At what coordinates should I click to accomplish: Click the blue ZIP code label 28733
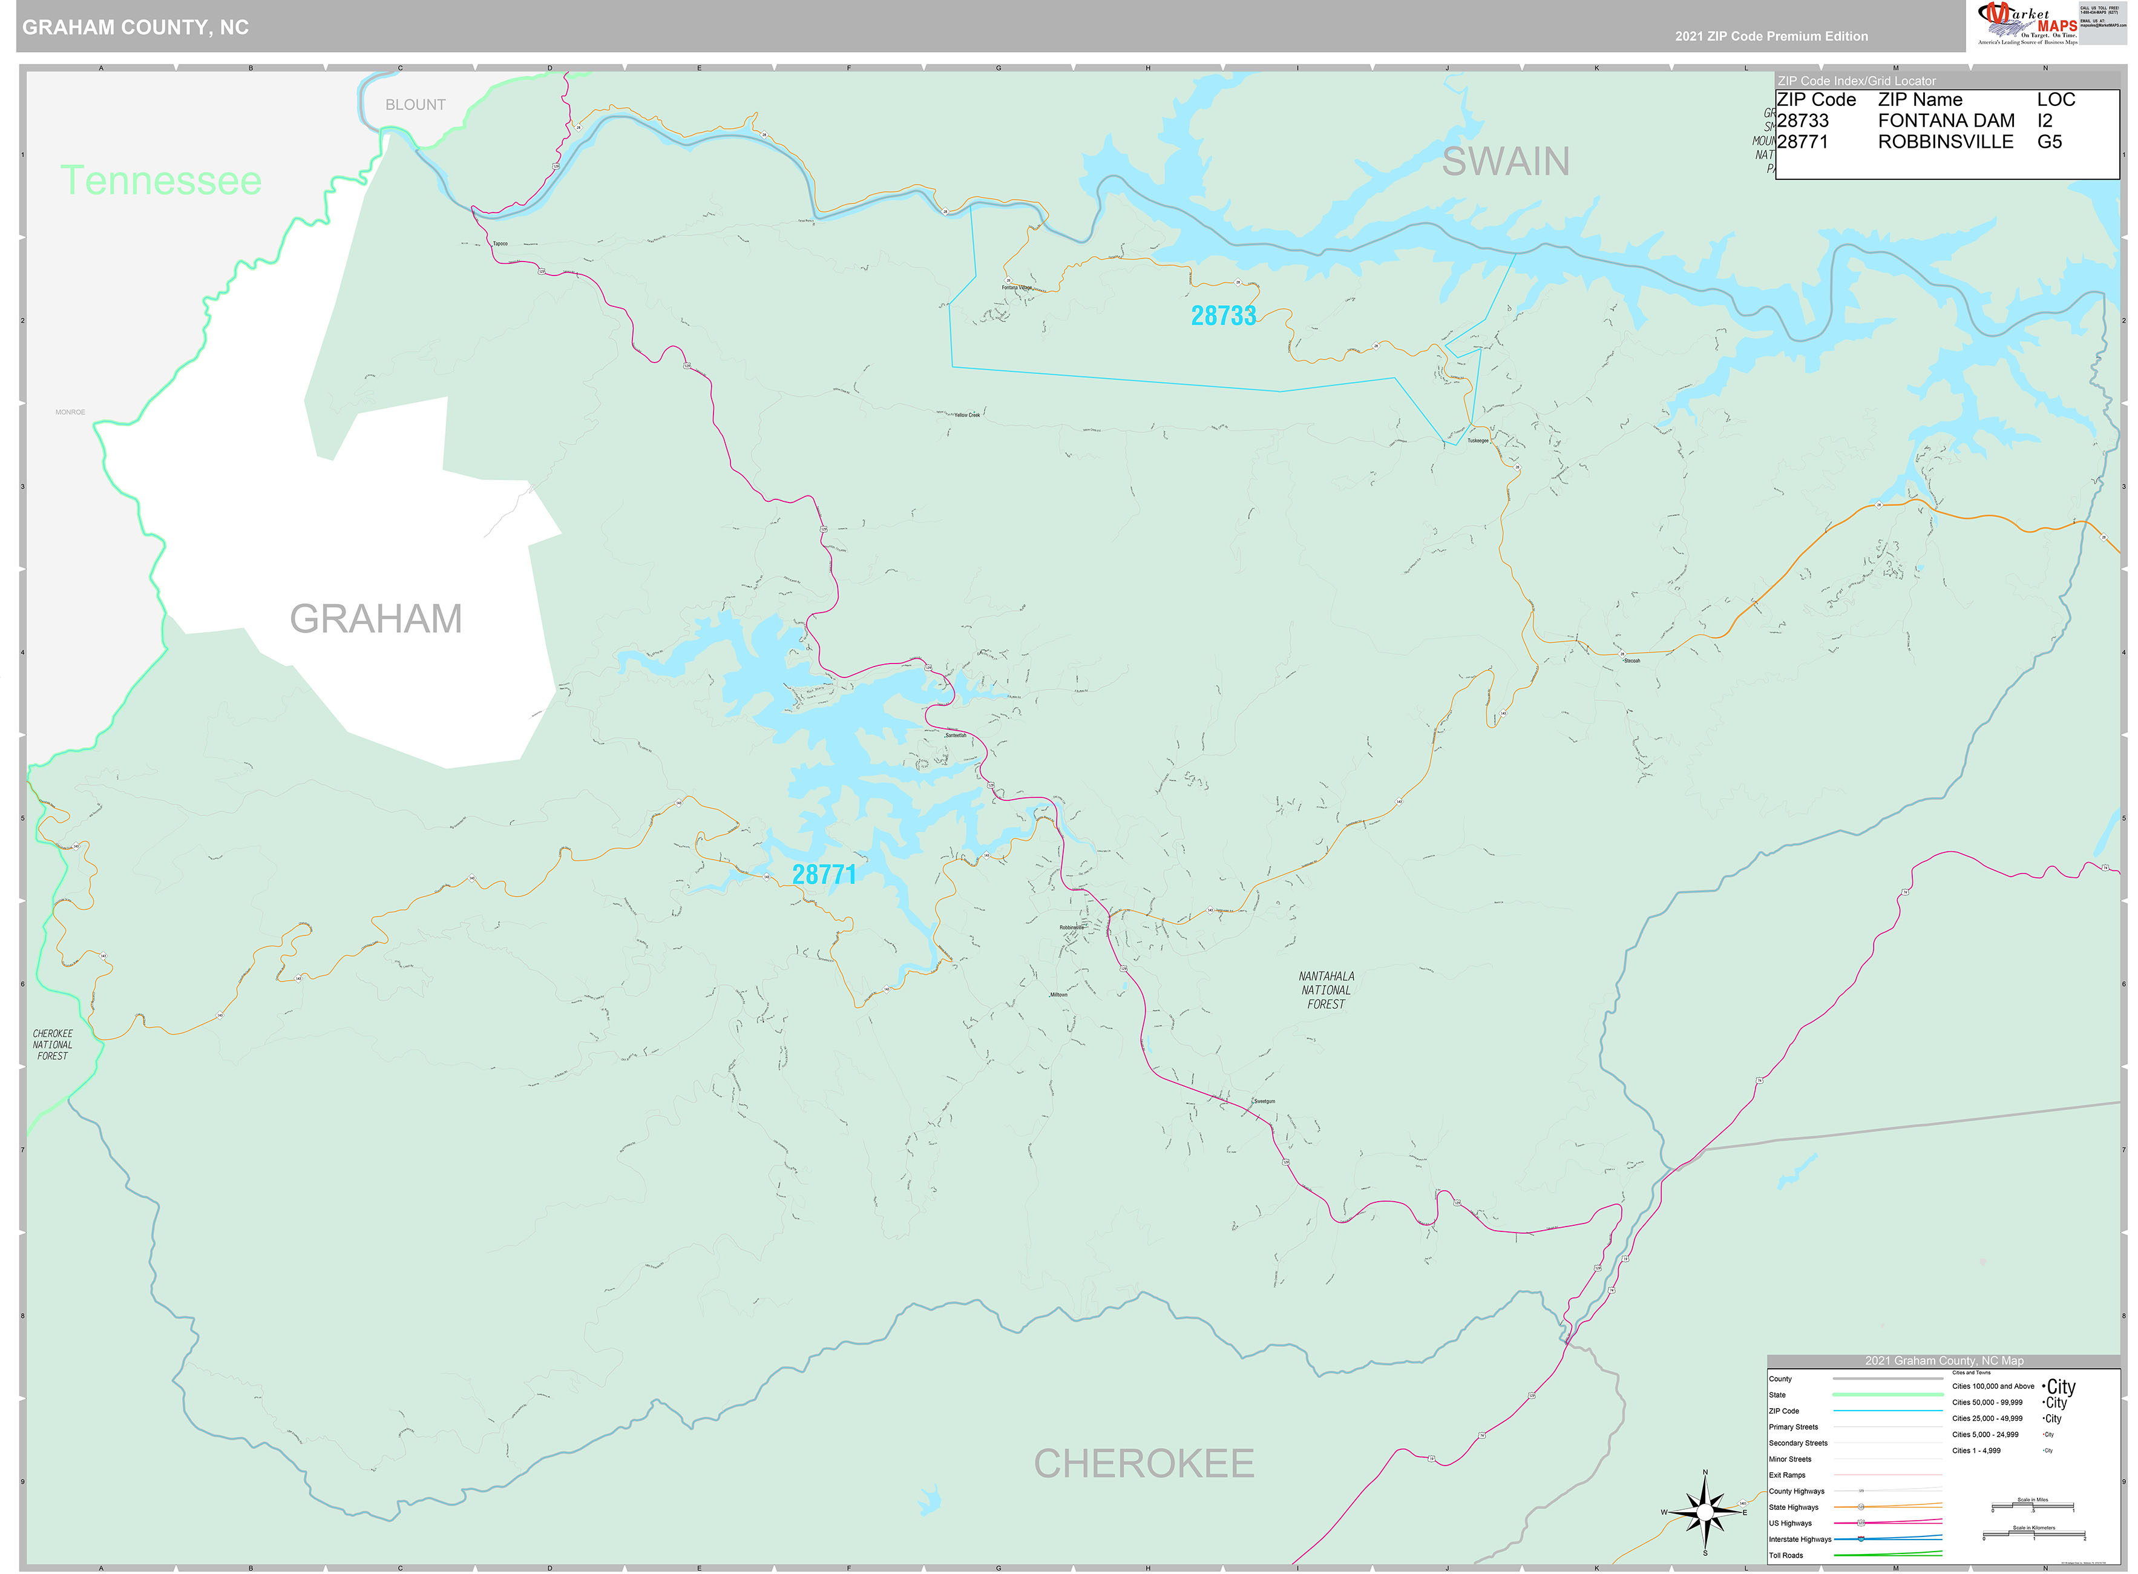(1223, 315)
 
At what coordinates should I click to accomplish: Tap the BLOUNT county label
(415, 105)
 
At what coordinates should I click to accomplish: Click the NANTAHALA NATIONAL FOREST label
(1326, 990)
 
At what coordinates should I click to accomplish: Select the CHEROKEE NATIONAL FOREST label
(53, 1044)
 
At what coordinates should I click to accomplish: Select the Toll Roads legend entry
(1786, 1556)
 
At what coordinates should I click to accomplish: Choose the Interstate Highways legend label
(1799, 1539)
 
